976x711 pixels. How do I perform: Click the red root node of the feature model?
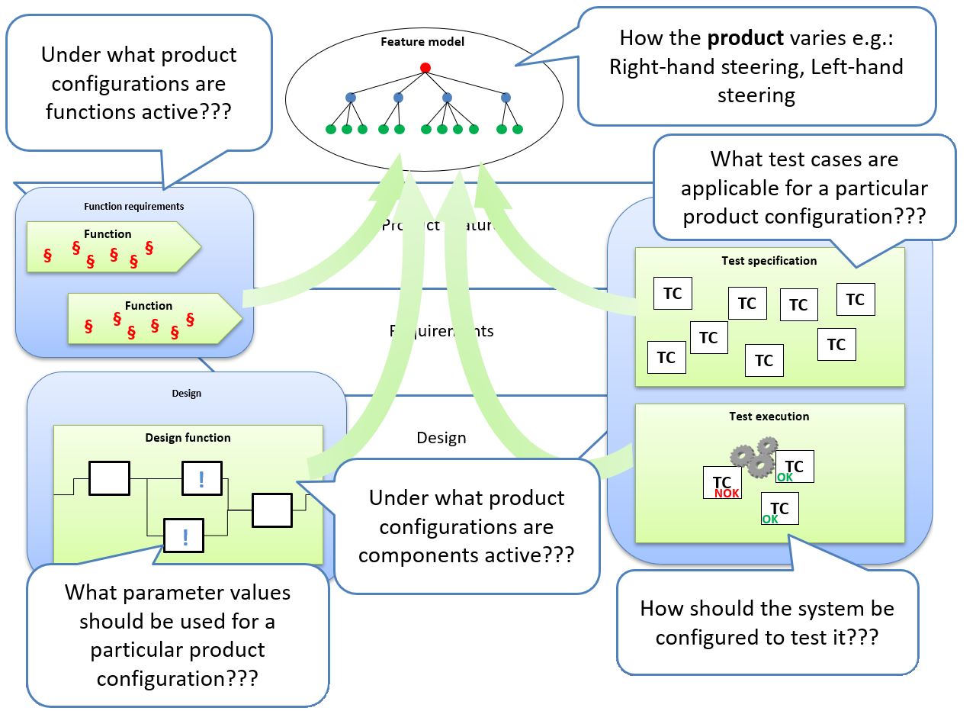pos(425,68)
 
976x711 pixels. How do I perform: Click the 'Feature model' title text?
pos(422,41)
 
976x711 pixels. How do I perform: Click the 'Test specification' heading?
pos(769,261)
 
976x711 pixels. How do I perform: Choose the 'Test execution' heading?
pos(769,417)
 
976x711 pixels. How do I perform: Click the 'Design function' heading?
pos(188,438)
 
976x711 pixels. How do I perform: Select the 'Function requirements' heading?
pos(133,206)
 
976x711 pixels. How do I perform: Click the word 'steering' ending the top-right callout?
pos(756,95)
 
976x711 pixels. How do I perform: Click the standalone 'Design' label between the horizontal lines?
pos(441,438)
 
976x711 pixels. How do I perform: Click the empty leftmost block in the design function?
pos(109,478)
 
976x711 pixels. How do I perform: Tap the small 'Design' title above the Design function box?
pos(187,394)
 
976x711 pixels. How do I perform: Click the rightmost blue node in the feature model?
pos(506,98)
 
